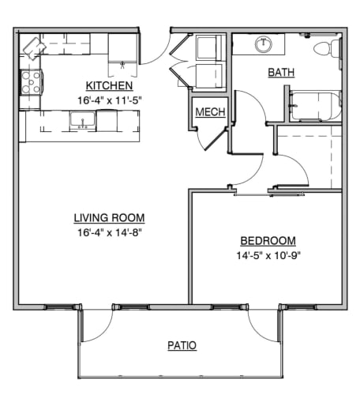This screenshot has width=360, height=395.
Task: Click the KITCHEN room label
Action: (x=108, y=85)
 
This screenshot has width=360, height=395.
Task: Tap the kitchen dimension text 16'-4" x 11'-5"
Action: (x=108, y=100)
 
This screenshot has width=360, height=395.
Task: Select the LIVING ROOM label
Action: (x=109, y=217)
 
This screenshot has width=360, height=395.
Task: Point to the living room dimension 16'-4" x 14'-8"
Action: (x=109, y=232)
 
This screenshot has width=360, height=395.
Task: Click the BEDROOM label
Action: (x=268, y=241)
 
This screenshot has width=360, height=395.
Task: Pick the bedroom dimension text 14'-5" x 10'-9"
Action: (x=268, y=255)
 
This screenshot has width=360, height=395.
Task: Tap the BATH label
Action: (x=281, y=73)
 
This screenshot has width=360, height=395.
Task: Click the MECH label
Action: (x=211, y=112)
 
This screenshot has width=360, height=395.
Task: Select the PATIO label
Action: (x=182, y=345)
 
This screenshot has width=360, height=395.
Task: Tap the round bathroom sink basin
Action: (x=264, y=43)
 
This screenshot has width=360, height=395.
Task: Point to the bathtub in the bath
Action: (x=314, y=106)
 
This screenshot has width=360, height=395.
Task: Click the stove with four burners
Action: (x=30, y=80)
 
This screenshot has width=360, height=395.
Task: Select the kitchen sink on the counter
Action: (x=81, y=120)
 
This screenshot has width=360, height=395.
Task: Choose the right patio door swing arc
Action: (x=262, y=325)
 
